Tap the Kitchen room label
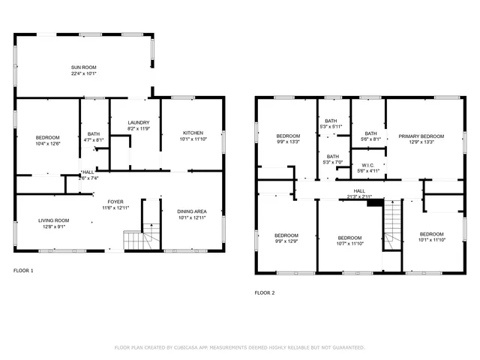(x=192, y=133)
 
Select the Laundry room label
(x=138, y=122)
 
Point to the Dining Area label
(x=192, y=211)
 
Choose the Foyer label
(x=115, y=202)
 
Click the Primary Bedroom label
(x=421, y=136)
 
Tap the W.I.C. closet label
(x=367, y=165)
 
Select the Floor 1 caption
(x=23, y=271)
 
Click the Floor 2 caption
(x=265, y=292)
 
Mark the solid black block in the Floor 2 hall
(x=374, y=201)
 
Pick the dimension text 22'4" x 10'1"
(x=84, y=73)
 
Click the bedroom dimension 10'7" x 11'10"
(x=350, y=243)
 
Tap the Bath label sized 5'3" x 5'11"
(x=331, y=127)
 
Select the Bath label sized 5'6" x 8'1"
(x=370, y=139)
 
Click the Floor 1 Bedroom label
(x=48, y=137)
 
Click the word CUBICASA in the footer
(x=194, y=347)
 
